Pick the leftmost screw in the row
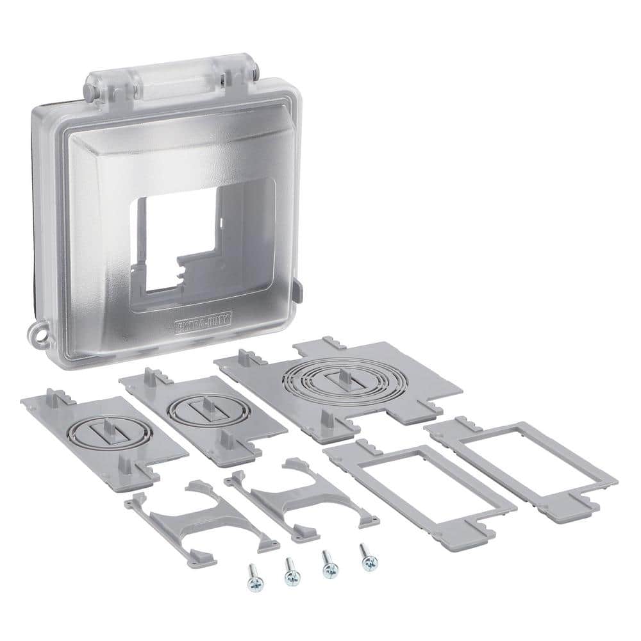tap(251, 574)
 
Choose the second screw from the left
tap(290, 567)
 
